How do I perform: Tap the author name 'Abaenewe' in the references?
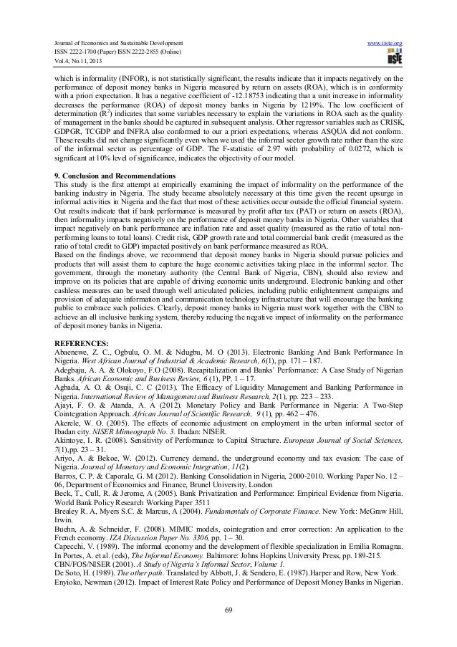(74, 352)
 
